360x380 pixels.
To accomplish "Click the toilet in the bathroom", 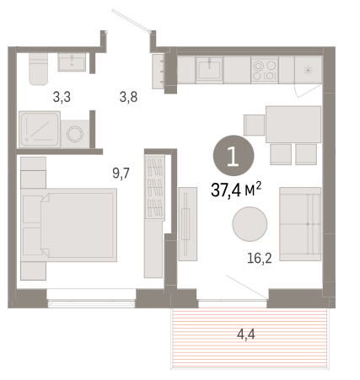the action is (x=39, y=69).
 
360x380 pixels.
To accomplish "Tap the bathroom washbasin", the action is (x=72, y=62).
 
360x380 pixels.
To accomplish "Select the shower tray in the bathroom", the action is (x=40, y=129).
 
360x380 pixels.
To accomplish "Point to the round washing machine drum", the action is (x=75, y=134).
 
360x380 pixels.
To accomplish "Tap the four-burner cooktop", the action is (x=265, y=71).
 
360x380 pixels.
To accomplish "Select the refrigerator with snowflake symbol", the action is (x=308, y=70).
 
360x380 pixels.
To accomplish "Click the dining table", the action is (x=293, y=125).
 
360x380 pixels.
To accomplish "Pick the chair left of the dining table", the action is (x=254, y=126).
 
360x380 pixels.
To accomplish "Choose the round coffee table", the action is (x=250, y=224).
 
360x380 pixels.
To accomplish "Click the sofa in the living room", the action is (x=300, y=224).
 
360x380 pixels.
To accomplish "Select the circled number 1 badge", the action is (x=234, y=156).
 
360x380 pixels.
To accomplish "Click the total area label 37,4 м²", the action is (x=236, y=190).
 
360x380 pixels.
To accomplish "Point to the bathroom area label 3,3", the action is (x=62, y=97).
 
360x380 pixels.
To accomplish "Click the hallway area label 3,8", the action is (x=128, y=97).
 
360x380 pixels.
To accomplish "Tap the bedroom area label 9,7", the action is (x=121, y=174).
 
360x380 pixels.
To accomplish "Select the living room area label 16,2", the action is (x=260, y=258).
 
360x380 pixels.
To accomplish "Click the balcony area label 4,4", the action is (x=246, y=335).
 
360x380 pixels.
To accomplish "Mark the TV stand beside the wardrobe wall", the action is (x=187, y=224).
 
